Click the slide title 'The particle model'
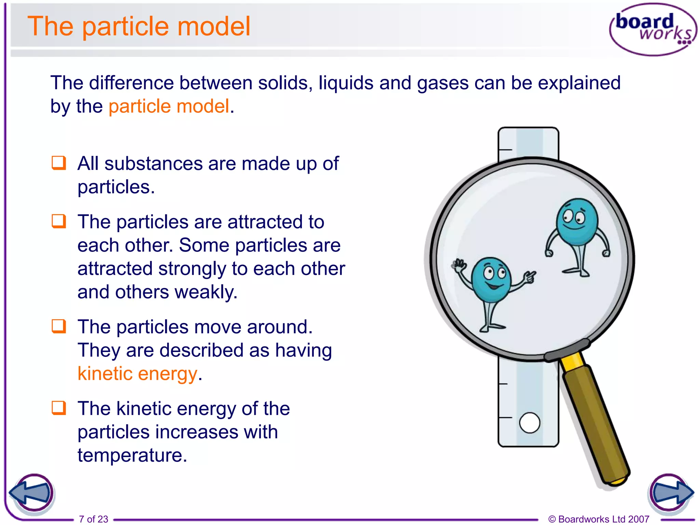(139, 26)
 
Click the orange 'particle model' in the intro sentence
(169, 106)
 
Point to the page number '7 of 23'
(93, 519)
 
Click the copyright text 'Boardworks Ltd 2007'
(603, 519)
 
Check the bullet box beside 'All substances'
(59, 163)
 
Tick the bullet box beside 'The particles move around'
(59, 326)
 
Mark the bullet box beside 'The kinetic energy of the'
(59, 408)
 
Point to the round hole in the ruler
(529, 423)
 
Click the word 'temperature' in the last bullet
(132, 455)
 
